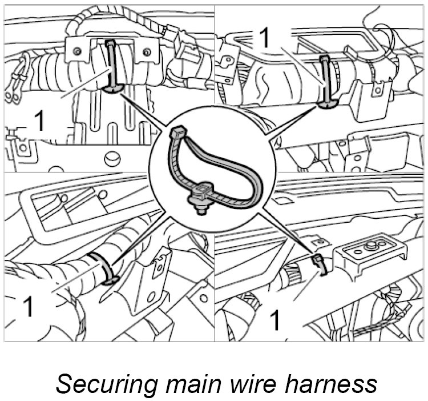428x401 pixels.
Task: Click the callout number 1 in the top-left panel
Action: [x=39, y=121]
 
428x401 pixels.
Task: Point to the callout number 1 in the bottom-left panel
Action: [x=27, y=307]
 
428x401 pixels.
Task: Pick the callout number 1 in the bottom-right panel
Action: [x=274, y=320]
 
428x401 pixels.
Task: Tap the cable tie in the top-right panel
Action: [x=325, y=80]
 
